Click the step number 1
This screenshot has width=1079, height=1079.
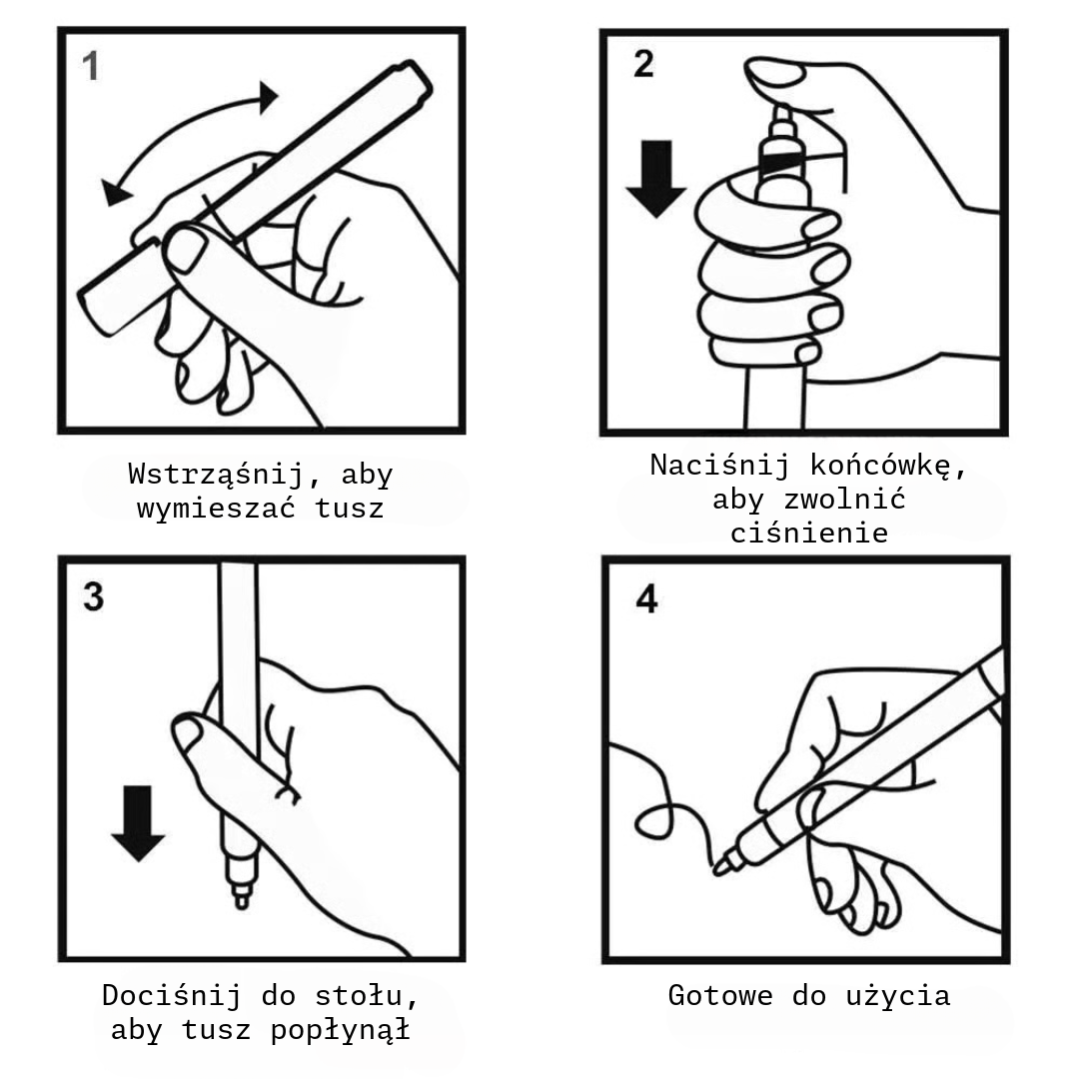90,67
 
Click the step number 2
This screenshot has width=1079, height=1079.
643,64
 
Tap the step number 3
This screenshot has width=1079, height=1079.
94,596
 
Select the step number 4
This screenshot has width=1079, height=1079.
646,598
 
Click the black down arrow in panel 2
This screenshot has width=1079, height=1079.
655,179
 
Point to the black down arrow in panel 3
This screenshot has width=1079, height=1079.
138,823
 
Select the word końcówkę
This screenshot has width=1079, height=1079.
880,466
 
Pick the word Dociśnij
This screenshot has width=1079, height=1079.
172,996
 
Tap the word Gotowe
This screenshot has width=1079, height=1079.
719,996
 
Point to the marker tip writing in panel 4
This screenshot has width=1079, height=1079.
720,868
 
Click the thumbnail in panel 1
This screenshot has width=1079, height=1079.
185,249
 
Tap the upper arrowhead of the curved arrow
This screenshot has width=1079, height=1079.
268,97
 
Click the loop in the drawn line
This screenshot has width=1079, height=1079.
653,820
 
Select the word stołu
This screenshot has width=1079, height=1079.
366,996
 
